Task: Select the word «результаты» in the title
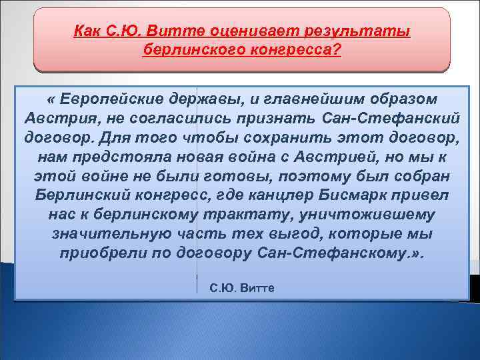pyautogui.click(x=357, y=30)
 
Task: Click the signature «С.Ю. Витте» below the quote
pyautogui.click(x=242, y=287)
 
